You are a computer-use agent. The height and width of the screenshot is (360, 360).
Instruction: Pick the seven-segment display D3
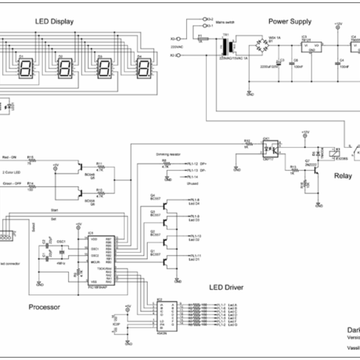pyautogui.click(x=106, y=68)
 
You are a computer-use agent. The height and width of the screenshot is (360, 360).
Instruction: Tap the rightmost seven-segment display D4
pyautogui.click(x=144, y=68)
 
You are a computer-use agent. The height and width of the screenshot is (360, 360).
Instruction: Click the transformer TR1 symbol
pyautogui.click(x=227, y=49)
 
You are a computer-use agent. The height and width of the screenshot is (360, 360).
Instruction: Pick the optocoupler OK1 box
pyautogui.click(x=269, y=147)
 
